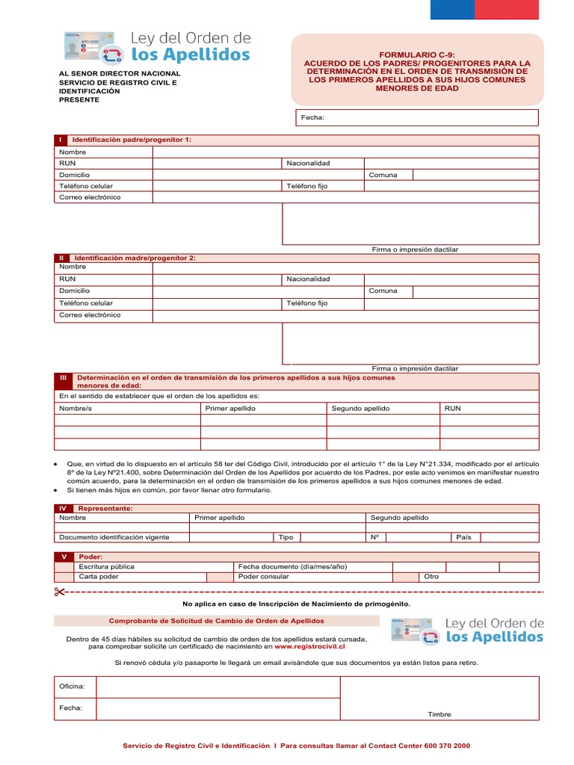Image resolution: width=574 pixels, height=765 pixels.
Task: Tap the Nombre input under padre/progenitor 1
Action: [x=345, y=152]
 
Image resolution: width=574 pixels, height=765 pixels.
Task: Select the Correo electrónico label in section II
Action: [x=90, y=315]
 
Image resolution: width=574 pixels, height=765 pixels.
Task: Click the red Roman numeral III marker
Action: [x=63, y=378]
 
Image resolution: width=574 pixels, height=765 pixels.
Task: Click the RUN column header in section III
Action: [x=453, y=409]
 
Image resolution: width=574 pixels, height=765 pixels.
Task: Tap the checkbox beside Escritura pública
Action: [x=64, y=567]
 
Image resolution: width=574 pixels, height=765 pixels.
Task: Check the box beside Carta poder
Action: [x=64, y=577]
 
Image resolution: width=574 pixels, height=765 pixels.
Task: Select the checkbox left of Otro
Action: [x=407, y=577]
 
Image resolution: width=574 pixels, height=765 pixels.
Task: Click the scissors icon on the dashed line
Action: [x=60, y=592]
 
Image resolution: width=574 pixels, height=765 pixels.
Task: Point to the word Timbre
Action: [x=439, y=714]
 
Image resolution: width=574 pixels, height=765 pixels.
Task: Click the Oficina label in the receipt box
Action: [x=72, y=686]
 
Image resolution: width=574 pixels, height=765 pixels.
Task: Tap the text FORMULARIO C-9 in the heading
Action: [x=417, y=55]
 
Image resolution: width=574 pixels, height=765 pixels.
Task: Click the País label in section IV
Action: [x=463, y=537]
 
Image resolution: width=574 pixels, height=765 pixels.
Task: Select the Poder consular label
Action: [x=263, y=577]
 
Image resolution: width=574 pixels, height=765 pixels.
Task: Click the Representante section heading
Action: [x=105, y=508]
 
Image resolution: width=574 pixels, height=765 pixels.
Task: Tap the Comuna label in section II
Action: [x=383, y=291]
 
